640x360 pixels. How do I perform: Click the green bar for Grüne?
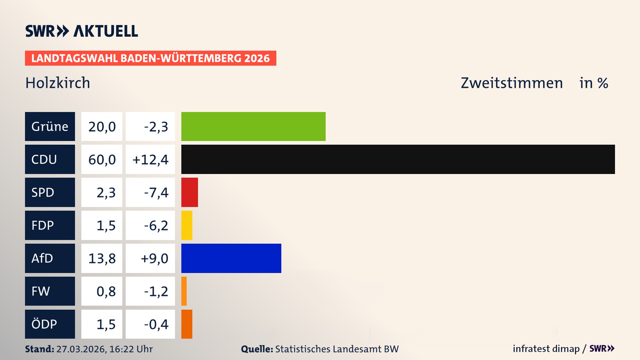pos(253,126)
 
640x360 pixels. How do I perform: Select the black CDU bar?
pos(398,159)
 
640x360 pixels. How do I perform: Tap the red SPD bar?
pos(189,192)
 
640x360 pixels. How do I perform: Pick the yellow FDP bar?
pos(187,225)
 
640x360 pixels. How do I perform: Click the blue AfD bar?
pos(231,258)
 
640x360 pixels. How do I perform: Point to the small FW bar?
pos(184,291)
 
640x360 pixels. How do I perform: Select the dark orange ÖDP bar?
pos(187,324)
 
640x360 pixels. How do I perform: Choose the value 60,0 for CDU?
pos(102,160)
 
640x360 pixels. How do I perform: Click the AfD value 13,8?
pos(102,258)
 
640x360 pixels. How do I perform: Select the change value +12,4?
pos(150,160)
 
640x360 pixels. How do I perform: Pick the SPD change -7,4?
pos(156,193)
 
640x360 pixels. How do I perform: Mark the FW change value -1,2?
pos(156,291)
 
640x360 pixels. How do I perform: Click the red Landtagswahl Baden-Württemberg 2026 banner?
pos(150,58)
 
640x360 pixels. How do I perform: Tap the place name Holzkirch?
pos(58,83)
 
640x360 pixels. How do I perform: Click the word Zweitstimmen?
pos(512,83)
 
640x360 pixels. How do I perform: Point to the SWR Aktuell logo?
pos(82,31)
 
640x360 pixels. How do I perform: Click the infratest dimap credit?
pos(546,349)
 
